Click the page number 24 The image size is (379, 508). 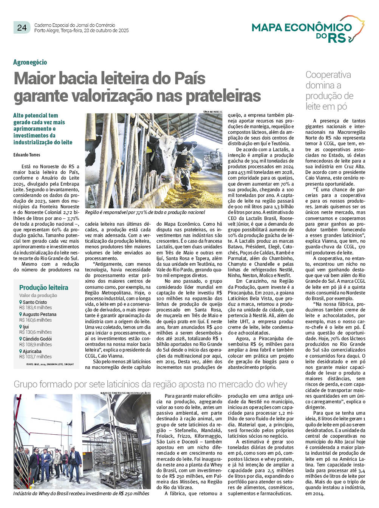coord(22,27)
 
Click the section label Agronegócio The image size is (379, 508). coord(30,62)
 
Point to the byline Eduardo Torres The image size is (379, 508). coord(27,155)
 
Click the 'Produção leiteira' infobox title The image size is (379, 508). coord(44,287)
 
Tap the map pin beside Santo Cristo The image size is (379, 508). coord(21,302)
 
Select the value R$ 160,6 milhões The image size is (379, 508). coord(36,320)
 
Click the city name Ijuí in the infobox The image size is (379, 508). coord(26,327)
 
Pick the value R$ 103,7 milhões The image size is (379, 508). coord(36,356)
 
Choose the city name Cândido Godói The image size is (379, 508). coord(37,339)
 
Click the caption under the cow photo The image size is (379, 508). coord(145,212)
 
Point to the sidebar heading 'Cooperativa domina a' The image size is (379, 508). coord(328,80)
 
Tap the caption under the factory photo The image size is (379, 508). coord(81,493)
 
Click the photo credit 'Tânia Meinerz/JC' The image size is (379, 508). coord(213,112)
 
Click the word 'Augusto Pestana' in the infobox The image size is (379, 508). coord(39,314)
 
